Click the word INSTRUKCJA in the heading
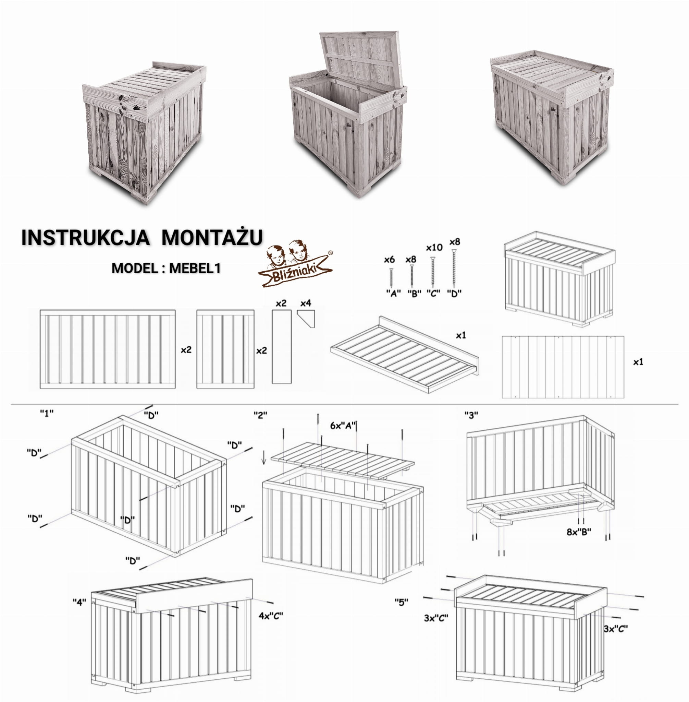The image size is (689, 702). click(85, 238)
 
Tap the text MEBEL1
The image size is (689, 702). click(195, 268)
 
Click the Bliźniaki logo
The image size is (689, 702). click(295, 263)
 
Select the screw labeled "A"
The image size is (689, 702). click(391, 278)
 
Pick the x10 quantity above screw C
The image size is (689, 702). click(434, 247)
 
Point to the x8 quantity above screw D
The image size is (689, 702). click(455, 242)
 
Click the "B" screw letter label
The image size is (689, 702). click(414, 294)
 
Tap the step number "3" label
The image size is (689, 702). click(471, 415)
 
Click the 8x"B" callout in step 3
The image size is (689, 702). click(579, 532)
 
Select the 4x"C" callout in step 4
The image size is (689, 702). click(271, 616)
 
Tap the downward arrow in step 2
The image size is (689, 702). click(264, 457)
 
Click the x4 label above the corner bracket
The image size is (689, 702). click(306, 303)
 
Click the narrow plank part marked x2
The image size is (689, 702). click(282, 347)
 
